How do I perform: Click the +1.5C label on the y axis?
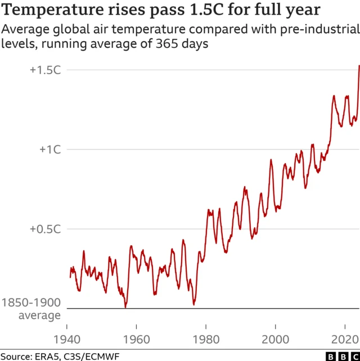click(x=45, y=70)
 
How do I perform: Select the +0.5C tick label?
click(x=45, y=229)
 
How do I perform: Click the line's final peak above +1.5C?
click(x=359, y=66)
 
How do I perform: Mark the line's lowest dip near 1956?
click(x=125, y=307)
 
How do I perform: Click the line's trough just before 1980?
click(x=193, y=304)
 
